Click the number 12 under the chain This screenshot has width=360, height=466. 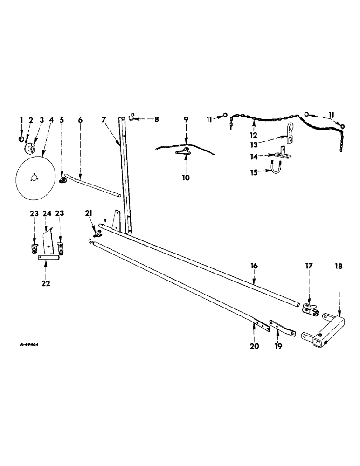click(253, 135)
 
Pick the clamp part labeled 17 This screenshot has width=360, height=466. click(310, 308)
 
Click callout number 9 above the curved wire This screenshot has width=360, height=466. click(186, 120)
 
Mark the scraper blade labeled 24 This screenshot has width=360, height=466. click(48, 240)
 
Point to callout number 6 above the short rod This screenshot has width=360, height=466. click(80, 120)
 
